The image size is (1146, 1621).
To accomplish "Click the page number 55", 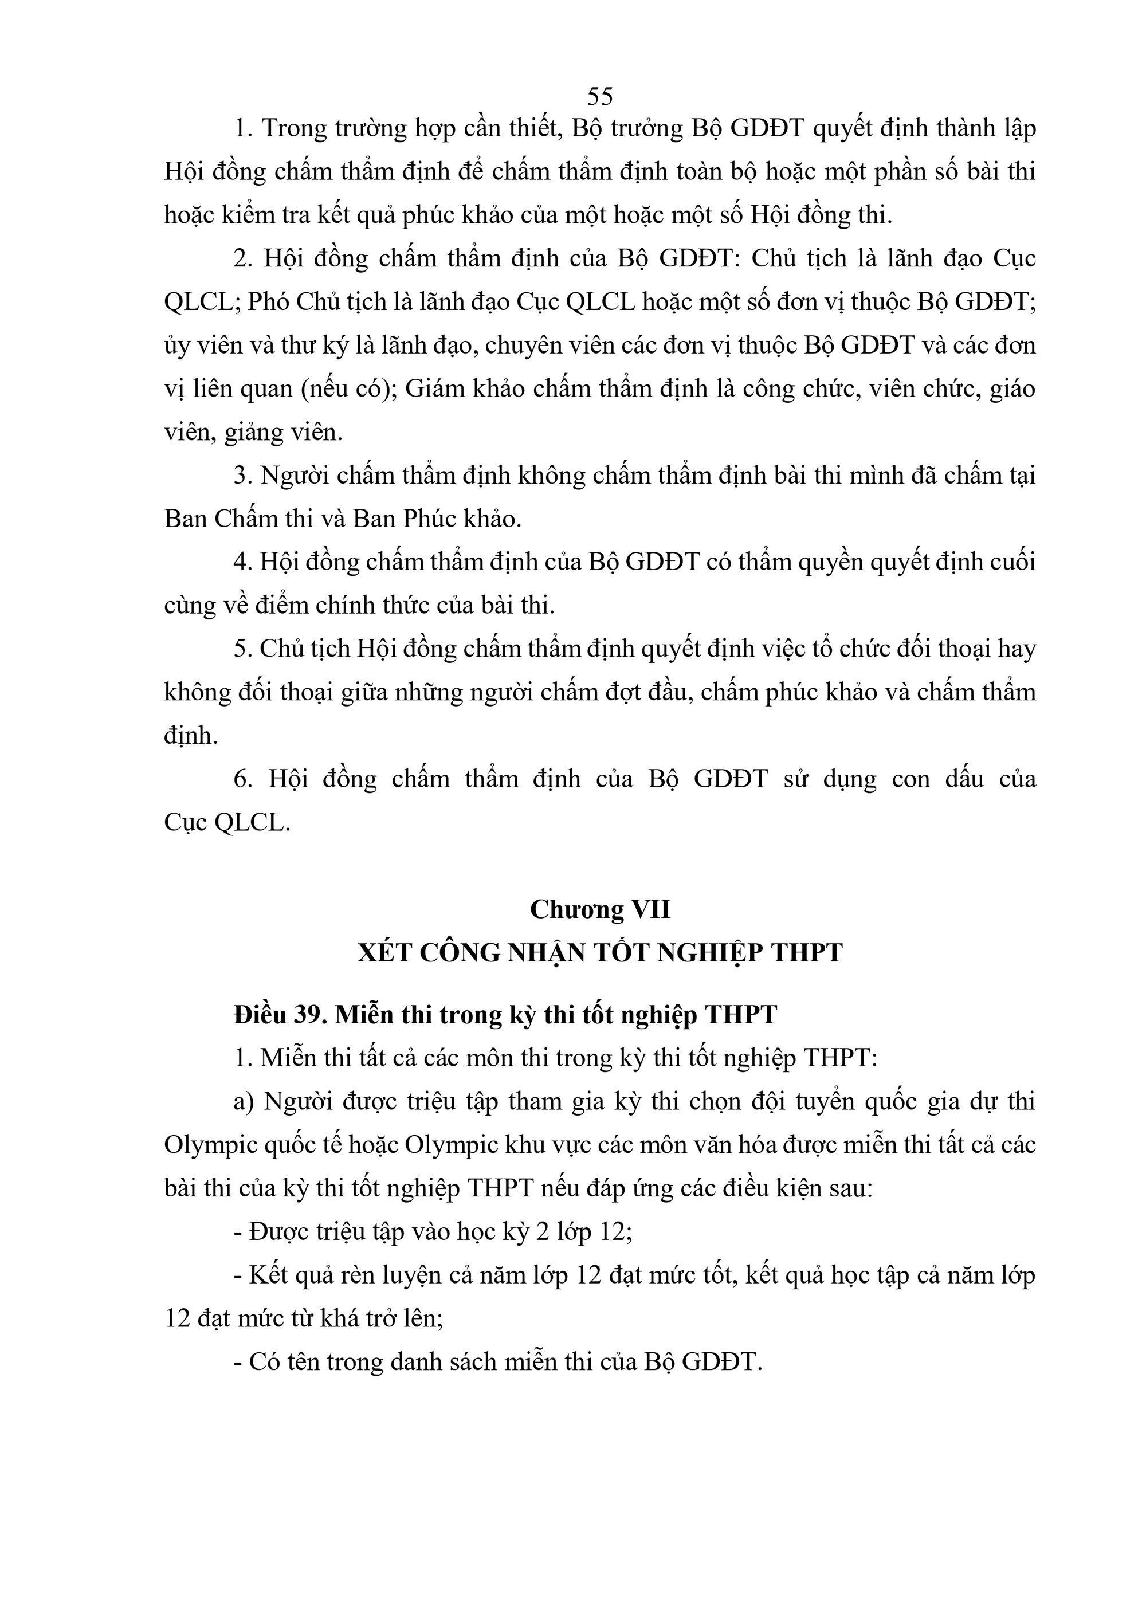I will (x=599, y=96).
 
